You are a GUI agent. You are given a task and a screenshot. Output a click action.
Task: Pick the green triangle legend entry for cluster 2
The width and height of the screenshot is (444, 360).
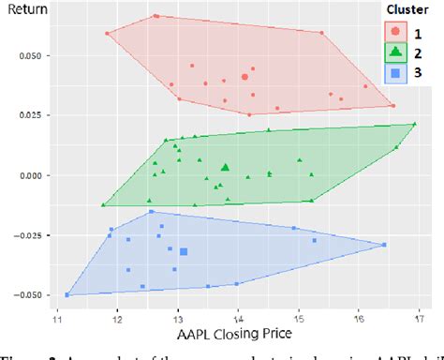pyautogui.click(x=396, y=52)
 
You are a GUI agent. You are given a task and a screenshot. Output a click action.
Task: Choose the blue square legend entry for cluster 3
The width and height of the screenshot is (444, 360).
pyautogui.click(x=396, y=73)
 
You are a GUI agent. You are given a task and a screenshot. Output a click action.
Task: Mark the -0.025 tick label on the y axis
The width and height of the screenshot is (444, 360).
pyautogui.click(x=23, y=234)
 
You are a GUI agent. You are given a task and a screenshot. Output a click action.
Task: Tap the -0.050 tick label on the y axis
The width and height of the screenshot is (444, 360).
pyautogui.click(x=23, y=294)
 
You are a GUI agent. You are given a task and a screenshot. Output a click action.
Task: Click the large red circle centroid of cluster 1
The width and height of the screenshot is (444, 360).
pyautogui.click(x=244, y=77)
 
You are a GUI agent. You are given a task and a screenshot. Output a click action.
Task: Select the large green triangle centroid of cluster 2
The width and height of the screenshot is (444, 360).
pyautogui.click(x=225, y=168)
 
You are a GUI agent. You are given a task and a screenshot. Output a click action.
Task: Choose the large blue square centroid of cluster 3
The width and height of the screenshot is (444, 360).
pyautogui.click(x=184, y=251)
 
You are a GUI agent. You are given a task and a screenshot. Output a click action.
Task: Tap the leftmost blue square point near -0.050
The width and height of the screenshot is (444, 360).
pyautogui.click(x=67, y=294)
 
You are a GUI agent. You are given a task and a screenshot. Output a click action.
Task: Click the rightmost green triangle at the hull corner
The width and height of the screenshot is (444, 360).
pyautogui.click(x=415, y=123)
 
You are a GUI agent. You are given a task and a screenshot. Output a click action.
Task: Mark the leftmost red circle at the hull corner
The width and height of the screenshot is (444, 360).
pyautogui.click(x=108, y=34)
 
